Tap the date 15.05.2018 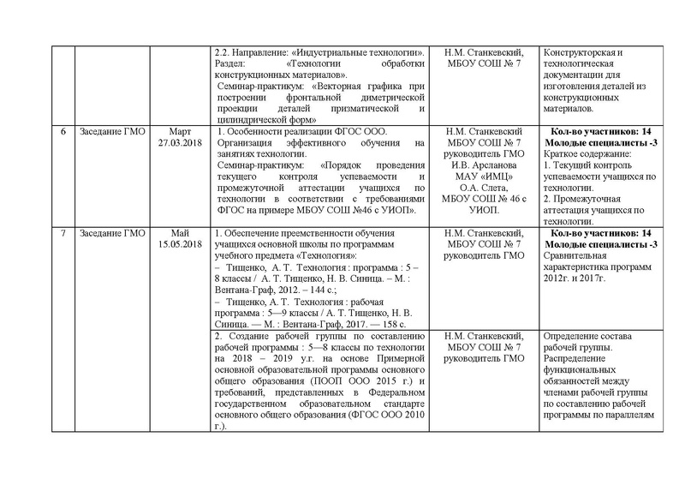[181, 243]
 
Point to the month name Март [181, 133]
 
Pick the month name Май [181, 233]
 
